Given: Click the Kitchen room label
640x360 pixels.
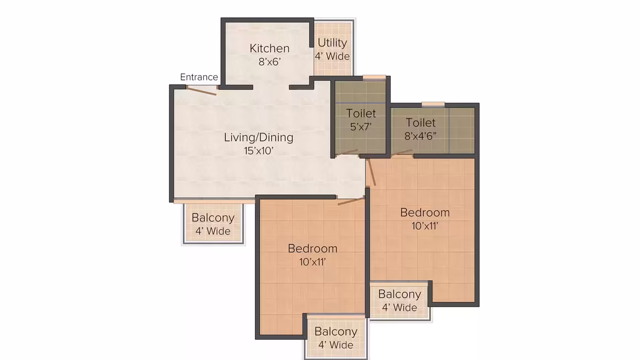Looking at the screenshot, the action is tap(269, 48).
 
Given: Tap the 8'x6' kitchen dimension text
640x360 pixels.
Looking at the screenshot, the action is tap(269, 62).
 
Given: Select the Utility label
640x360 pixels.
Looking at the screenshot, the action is tap(332, 43).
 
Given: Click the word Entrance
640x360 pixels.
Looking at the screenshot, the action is tap(199, 77).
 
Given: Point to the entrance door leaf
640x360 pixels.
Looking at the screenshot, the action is tap(201, 91).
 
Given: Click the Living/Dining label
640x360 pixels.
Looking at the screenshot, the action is tap(258, 137).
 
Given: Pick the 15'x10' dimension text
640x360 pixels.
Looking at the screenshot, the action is tap(258, 151).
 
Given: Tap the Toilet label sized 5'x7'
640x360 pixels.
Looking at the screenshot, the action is tap(361, 113).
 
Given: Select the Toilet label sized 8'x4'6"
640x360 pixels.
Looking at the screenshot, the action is tap(420, 123).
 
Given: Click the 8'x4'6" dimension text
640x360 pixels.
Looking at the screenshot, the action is tap(420, 136).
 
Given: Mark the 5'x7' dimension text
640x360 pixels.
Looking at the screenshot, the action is tap(361, 126).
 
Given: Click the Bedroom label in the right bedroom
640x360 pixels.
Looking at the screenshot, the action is tap(424, 213).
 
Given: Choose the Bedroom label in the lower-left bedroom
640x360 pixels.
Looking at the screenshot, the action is tap(312, 248).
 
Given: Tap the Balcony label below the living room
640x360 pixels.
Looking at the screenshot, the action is tap(212, 218).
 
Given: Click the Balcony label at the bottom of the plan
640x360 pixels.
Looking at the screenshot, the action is tap(335, 331).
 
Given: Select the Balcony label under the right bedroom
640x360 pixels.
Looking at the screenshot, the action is tap(399, 294).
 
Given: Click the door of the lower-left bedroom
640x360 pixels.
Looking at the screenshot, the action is tap(350, 200).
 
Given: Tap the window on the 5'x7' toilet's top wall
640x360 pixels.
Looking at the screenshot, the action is tap(374, 77).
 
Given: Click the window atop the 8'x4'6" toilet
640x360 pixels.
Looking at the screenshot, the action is tap(433, 104).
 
